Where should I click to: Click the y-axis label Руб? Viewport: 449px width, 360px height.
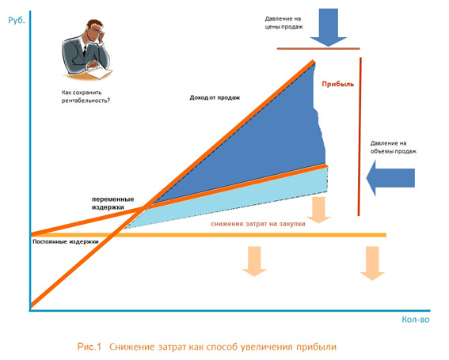[17, 21]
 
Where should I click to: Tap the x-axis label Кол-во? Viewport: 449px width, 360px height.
[416, 320]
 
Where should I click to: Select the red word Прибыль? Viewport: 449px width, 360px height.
[338, 84]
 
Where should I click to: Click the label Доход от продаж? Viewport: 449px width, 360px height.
[215, 97]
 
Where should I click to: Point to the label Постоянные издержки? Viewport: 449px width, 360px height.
[66, 242]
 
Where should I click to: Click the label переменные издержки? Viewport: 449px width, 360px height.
[112, 203]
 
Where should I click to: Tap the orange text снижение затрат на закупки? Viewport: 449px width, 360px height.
[258, 224]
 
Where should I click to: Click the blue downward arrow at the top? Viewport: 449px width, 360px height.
[329, 27]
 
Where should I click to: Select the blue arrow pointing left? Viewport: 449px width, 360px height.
[390, 178]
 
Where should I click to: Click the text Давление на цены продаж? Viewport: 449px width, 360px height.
[283, 23]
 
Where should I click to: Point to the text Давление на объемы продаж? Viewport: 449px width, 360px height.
[393, 147]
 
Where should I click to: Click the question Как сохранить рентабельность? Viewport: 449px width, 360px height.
[86, 97]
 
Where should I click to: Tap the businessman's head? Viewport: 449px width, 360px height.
[95, 29]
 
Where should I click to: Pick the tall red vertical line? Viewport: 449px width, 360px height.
[360, 137]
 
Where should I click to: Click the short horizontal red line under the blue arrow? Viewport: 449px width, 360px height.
[318, 48]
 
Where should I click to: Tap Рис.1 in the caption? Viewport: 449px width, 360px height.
[89, 347]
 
